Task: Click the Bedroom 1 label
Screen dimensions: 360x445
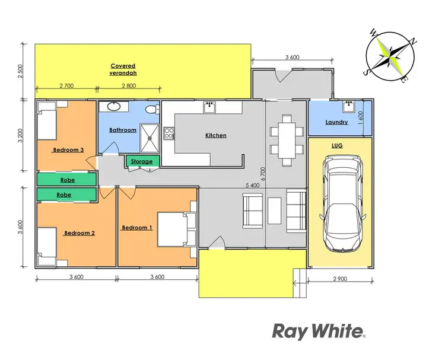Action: coord(137,228)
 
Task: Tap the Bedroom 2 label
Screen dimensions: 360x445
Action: coord(79,233)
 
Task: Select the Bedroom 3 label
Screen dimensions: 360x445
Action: coord(66,150)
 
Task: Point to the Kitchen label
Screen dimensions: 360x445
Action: coord(216,136)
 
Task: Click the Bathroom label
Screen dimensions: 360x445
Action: coord(123,130)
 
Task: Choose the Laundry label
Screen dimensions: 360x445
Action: coord(336,123)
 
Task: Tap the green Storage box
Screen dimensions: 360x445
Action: coord(142,161)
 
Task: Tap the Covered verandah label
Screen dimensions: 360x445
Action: coord(123,69)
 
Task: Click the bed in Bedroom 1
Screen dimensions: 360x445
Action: coord(176,229)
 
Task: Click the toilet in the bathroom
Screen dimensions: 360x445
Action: coord(152,109)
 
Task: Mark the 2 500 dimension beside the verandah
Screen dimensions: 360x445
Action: coord(22,71)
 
